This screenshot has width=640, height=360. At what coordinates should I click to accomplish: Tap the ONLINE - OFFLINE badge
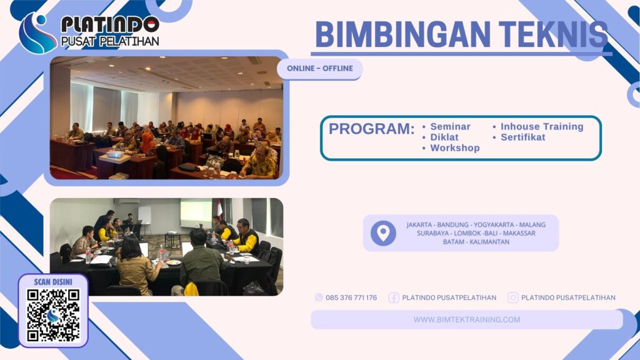[x=320, y=68]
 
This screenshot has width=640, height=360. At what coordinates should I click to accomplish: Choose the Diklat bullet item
[x=444, y=137]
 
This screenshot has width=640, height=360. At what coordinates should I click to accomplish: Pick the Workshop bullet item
[x=455, y=148]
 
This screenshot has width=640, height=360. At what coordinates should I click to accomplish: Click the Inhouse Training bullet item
[x=542, y=127]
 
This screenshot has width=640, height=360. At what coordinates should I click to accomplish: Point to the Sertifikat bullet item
[x=522, y=137]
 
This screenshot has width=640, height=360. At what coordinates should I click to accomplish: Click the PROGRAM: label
[x=371, y=129]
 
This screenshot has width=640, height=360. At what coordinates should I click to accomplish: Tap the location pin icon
[x=383, y=233]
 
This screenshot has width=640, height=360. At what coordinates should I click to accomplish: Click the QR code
[x=53, y=315]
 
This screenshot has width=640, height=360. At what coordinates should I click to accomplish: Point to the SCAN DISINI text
[x=53, y=282]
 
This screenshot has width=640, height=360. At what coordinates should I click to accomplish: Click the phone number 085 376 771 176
[x=351, y=297]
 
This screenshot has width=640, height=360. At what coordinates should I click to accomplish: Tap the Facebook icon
[x=394, y=297]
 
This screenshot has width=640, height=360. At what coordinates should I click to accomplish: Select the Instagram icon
[x=513, y=297]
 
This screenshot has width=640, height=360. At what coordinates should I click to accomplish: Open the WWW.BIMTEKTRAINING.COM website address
[x=467, y=319]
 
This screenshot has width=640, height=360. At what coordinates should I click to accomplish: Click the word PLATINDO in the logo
[x=109, y=25]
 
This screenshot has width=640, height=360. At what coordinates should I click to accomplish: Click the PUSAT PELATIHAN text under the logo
[x=109, y=42]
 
